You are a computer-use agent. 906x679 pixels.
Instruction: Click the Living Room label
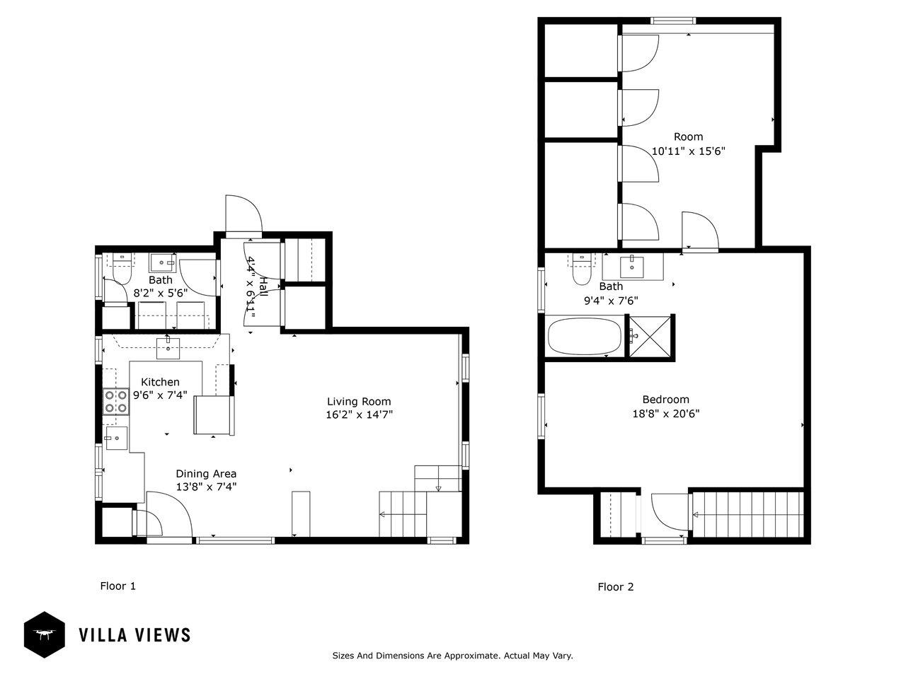[x=359, y=401]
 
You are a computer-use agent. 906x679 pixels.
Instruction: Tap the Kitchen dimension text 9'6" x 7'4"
[x=160, y=395]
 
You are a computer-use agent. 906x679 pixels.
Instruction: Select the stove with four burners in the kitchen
[x=116, y=402]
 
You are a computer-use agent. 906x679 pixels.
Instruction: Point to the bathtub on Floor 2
[x=584, y=336]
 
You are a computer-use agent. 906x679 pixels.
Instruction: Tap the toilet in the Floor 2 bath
[x=582, y=269]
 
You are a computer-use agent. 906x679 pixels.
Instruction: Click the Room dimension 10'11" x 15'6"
[x=688, y=151]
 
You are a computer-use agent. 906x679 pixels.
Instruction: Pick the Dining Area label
[x=206, y=474]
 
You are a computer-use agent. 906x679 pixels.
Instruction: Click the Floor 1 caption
[x=117, y=586]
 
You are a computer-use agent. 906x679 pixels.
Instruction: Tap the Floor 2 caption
[x=615, y=586]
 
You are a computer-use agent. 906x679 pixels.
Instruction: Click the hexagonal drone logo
[x=44, y=634]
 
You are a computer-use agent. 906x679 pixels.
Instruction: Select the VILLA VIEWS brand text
[x=134, y=635]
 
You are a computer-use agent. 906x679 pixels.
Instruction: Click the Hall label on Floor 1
[x=263, y=287]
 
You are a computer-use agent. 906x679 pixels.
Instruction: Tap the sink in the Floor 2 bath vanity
[x=631, y=267]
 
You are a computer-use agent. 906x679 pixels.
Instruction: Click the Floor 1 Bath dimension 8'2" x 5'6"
[x=160, y=293]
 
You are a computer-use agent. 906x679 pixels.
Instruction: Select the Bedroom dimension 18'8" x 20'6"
[x=666, y=413]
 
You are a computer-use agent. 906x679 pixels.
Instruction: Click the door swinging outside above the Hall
[x=243, y=214]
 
